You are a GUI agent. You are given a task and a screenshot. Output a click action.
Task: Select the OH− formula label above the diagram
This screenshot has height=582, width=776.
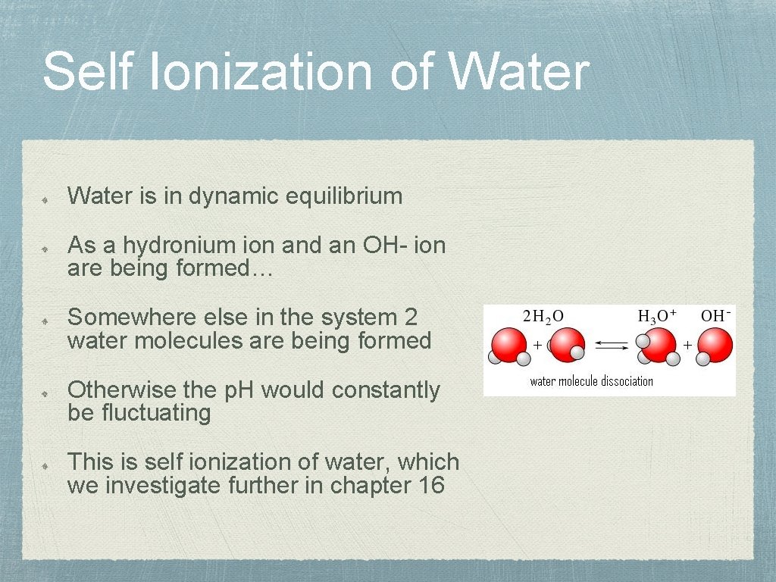(716, 315)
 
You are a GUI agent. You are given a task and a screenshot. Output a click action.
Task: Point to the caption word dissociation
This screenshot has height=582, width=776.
(623, 381)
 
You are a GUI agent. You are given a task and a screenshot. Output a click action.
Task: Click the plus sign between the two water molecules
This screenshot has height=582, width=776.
(537, 345)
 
